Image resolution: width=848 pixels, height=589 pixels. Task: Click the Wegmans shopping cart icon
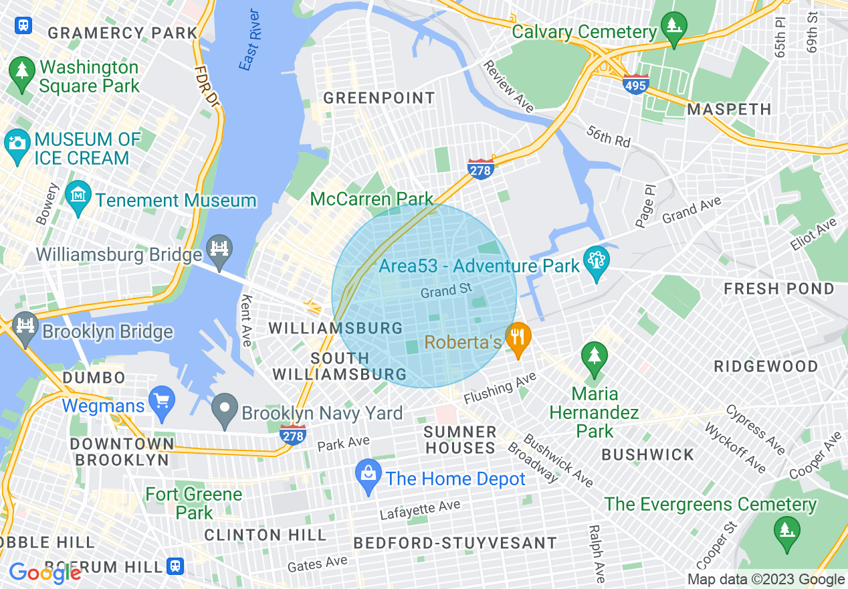161,400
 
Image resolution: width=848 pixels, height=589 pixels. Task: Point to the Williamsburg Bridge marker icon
219,250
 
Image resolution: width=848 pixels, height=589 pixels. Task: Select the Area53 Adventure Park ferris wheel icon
595,262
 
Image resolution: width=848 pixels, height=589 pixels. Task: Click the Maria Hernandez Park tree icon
594,357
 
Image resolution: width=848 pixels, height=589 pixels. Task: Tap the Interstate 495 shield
635,84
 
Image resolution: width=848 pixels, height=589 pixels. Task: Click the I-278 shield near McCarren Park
480,169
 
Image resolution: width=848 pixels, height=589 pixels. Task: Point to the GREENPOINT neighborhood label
379,98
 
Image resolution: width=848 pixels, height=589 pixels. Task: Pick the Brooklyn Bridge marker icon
25,327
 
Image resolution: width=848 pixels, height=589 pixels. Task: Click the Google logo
45,573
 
